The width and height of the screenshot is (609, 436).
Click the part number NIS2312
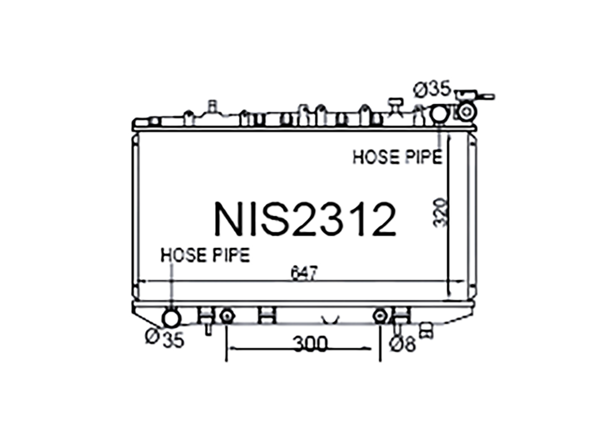click(x=305, y=219)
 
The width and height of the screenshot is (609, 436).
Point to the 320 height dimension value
click(x=440, y=212)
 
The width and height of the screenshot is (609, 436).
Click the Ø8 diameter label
click(x=402, y=344)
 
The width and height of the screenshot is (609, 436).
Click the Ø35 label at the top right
click(x=432, y=90)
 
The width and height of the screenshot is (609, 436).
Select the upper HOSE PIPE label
click(x=397, y=157)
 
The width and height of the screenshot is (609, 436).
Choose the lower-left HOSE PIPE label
click(x=205, y=255)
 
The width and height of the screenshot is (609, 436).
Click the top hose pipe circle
click(x=440, y=113)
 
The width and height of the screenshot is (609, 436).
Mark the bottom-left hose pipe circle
click(x=170, y=318)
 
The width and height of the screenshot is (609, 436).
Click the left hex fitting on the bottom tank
click(x=227, y=316)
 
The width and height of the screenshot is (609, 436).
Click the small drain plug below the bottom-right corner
click(x=426, y=331)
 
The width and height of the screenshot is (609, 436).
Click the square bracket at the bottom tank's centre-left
click(x=267, y=316)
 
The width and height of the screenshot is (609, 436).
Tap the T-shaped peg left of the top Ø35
click(x=394, y=104)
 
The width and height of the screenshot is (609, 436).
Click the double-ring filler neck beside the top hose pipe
click(x=466, y=112)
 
